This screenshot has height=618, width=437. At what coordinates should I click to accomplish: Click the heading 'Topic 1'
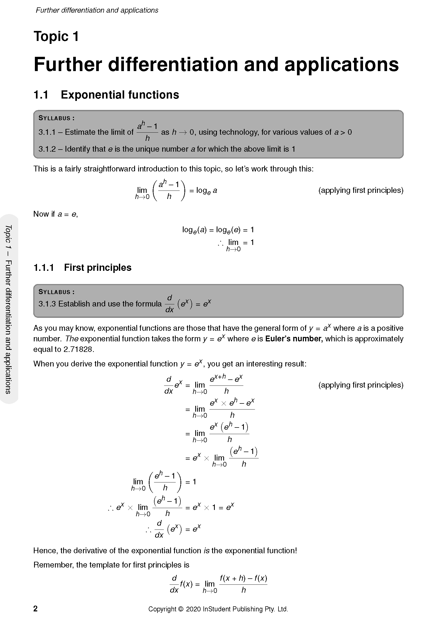coord(56,36)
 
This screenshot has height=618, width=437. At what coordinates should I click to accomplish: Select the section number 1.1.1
coord(44,268)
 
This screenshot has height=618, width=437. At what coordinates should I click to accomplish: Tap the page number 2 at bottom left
coord(35,608)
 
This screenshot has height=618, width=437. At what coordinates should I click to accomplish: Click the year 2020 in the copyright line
coord(193,609)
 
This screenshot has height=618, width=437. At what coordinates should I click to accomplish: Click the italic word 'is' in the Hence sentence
coord(206,550)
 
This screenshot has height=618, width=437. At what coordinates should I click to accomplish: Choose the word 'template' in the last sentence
coord(104,565)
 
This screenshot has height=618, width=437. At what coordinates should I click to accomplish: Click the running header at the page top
coord(97,10)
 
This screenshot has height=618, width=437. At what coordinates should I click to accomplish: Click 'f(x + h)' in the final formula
coord(233,578)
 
